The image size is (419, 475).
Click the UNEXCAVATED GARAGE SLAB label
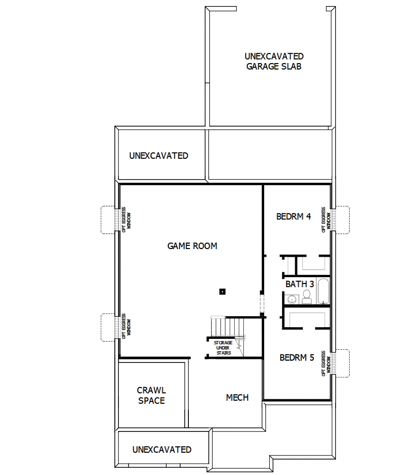coord(274,61)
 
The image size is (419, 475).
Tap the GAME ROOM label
coord(192,246)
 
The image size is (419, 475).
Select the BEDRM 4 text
coord(293,216)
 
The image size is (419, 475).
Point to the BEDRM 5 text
coord(296,357)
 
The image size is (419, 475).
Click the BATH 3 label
coord(300,284)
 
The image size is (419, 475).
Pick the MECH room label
coord(237,397)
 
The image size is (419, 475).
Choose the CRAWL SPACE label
coord(151,396)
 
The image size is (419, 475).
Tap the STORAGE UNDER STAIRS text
coord(223,348)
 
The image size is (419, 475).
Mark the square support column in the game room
coord(222,291)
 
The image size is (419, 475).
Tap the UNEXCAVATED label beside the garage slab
coord(158,156)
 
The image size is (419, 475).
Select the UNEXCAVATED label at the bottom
coord(162,450)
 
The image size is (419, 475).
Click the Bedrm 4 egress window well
coord(341,220)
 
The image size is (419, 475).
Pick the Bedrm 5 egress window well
coord(341,363)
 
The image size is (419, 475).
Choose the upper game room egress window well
coord(108,220)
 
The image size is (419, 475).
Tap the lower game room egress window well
coord(108,328)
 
